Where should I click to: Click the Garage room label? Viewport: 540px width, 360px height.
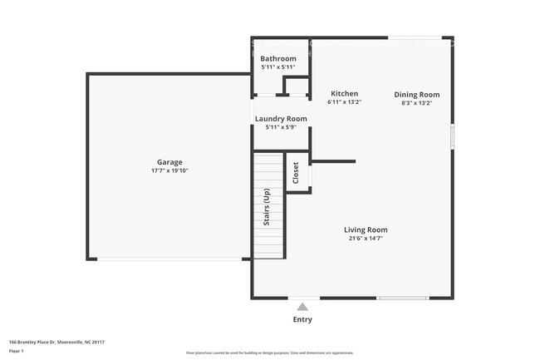169,162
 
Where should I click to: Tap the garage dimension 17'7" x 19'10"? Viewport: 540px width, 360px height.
169,170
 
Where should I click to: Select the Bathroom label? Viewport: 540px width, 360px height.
278,58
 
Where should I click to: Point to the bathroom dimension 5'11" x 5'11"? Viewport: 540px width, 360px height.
278,67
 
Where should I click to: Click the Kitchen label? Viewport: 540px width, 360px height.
345,94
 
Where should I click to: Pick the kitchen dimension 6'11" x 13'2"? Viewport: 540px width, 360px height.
345,102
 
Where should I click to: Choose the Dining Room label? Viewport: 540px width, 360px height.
416,95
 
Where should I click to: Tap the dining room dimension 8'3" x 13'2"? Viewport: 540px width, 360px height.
416,103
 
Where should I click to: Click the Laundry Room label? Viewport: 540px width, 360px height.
280,119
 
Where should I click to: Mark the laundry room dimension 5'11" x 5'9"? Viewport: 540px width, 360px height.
280,127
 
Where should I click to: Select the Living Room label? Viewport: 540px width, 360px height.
366,229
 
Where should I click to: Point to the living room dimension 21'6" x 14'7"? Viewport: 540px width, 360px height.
366,239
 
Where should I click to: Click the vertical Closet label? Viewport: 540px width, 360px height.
296,173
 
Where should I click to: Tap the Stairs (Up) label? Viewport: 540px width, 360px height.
267,208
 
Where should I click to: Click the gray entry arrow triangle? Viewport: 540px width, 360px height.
302,307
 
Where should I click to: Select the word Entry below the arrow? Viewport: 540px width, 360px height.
302,319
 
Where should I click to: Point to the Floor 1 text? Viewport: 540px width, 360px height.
17,351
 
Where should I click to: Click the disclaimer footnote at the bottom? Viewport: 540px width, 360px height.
270,353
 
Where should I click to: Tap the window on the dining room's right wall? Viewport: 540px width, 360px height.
452,137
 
